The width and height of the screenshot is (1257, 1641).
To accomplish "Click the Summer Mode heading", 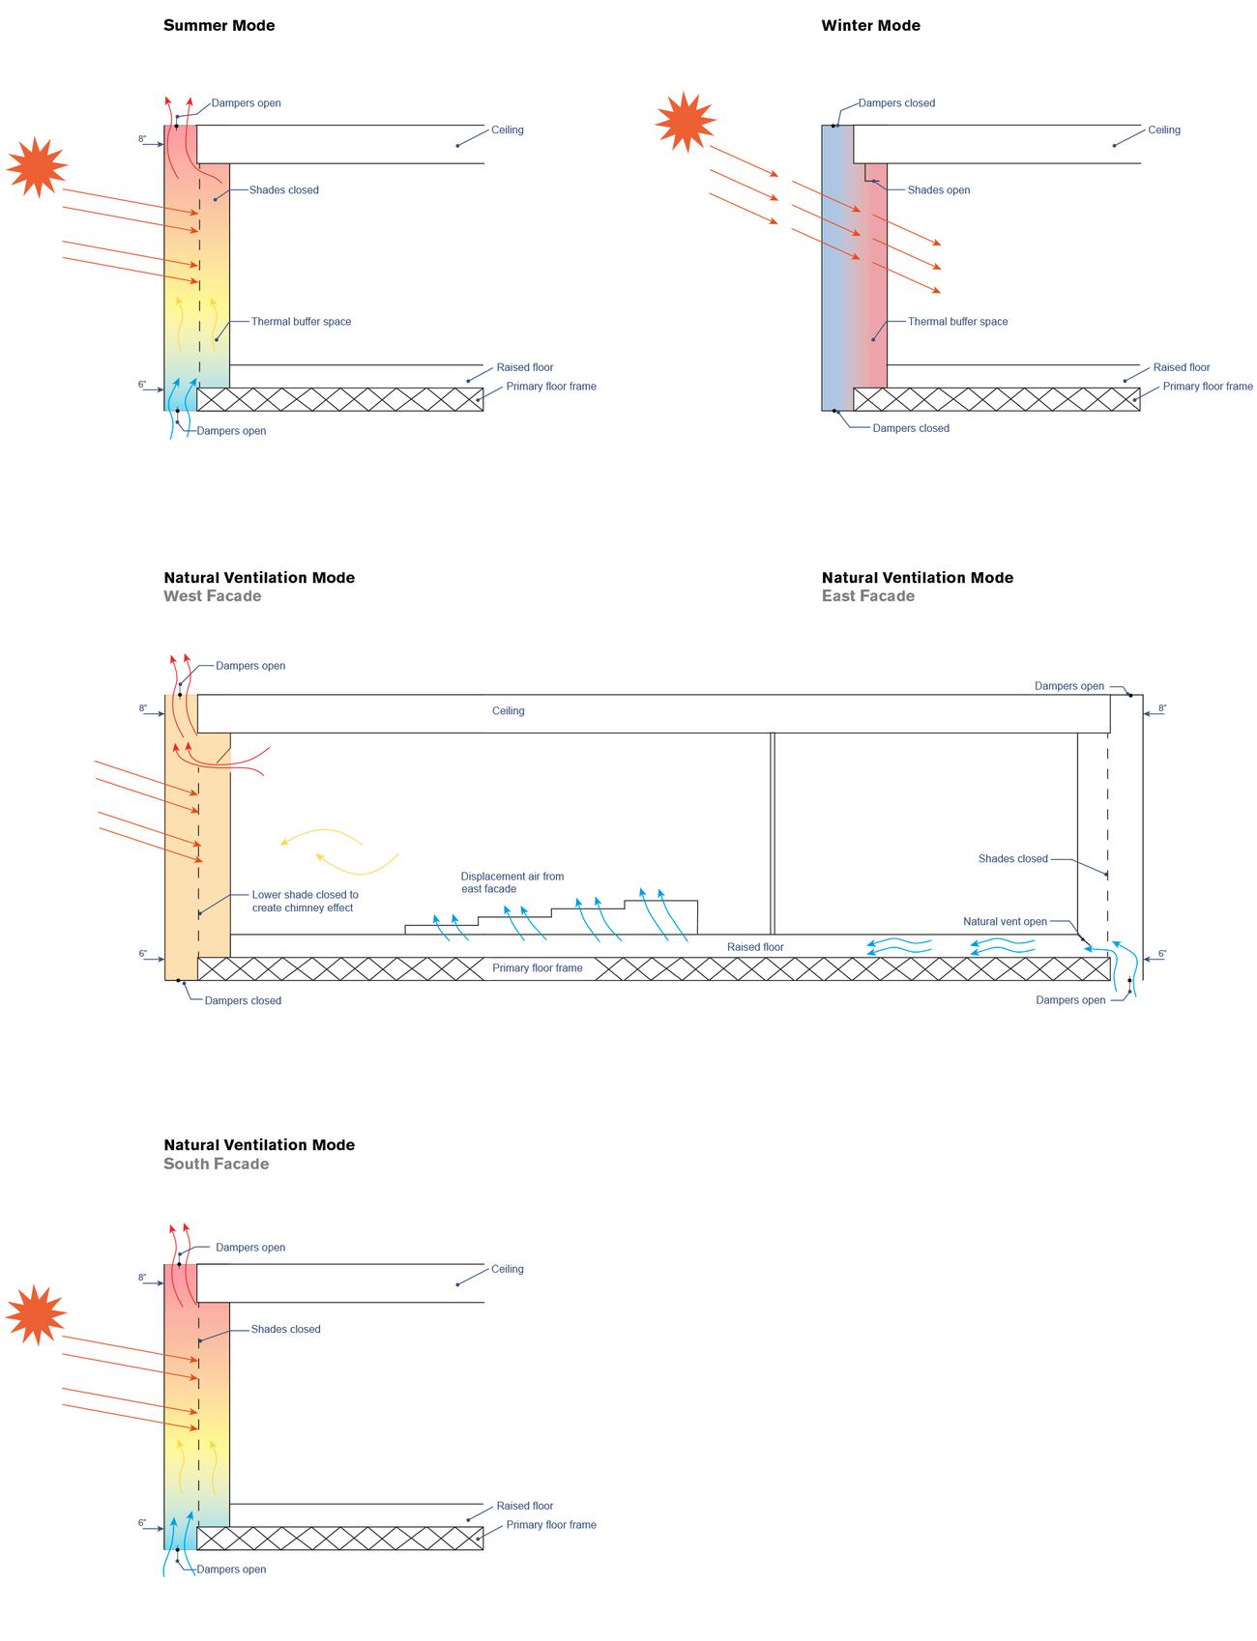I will pyautogui.click(x=219, y=26).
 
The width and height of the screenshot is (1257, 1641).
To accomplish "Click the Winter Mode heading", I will pyautogui.click(x=870, y=26).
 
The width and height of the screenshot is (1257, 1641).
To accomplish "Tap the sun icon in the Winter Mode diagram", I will pyautogui.click(x=686, y=122).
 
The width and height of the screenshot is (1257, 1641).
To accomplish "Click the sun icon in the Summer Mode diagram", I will pyautogui.click(x=37, y=166).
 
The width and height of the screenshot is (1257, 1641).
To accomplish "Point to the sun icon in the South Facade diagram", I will pyautogui.click(x=36, y=1314).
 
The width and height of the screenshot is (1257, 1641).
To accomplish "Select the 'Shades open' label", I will pyautogui.click(x=938, y=190).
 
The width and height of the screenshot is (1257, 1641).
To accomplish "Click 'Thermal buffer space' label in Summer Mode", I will pyautogui.click(x=301, y=322).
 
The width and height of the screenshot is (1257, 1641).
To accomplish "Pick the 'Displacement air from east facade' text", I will pyautogui.click(x=512, y=882).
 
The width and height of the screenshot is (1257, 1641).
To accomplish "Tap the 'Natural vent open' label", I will pyautogui.click(x=1005, y=922).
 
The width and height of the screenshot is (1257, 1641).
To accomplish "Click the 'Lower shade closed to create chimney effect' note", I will pyautogui.click(x=305, y=902).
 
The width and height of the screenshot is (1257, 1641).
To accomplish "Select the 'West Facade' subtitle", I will pyautogui.click(x=212, y=596).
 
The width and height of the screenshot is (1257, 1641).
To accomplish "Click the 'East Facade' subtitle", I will pyautogui.click(x=867, y=596).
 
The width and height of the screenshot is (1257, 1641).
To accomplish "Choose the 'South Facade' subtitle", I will pyautogui.click(x=216, y=1164).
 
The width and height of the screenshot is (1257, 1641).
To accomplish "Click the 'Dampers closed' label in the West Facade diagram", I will pyautogui.click(x=243, y=1001).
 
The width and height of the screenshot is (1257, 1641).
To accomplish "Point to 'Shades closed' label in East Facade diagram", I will pyautogui.click(x=1012, y=859).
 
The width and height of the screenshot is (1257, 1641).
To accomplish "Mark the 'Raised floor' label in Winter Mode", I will pyautogui.click(x=1181, y=368).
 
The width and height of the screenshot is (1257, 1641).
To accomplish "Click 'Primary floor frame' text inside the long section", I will pyautogui.click(x=537, y=968).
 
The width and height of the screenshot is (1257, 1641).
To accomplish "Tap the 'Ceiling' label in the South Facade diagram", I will pyautogui.click(x=507, y=1269).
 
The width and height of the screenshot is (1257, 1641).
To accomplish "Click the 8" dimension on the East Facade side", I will pyautogui.click(x=1161, y=708).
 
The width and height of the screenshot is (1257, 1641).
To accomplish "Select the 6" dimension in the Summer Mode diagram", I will pyautogui.click(x=142, y=385).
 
